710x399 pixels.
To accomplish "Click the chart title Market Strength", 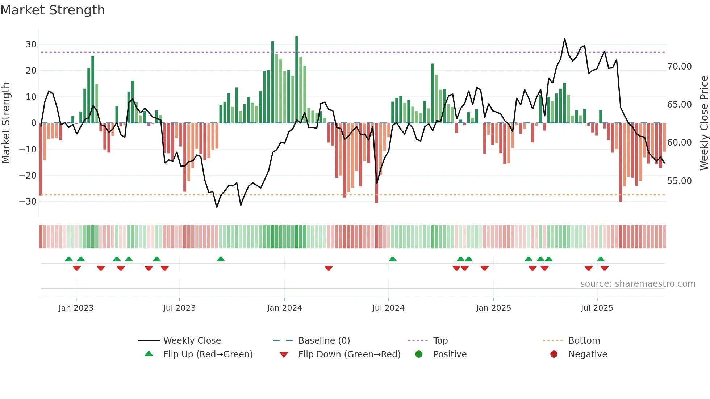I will click(53, 10).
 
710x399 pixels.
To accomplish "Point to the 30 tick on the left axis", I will click(31, 45).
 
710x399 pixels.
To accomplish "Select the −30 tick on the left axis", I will click(28, 202).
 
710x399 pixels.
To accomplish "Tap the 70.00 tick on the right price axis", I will click(679, 67).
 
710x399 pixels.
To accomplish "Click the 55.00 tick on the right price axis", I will click(679, 181).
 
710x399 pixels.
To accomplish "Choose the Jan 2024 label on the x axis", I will click(284, 308).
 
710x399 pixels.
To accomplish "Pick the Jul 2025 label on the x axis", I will click(597, 308).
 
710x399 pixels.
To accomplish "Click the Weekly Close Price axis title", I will click(704, 123).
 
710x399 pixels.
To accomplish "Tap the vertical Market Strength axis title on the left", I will click(6, 123).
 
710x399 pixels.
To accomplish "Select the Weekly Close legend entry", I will click(192, 341).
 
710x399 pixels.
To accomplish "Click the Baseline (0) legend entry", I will click(324, 341).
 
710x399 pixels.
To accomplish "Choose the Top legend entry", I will click(440, 341).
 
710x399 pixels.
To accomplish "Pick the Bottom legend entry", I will click(584, 341).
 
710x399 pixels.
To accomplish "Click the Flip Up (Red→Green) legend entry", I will click(208, 354).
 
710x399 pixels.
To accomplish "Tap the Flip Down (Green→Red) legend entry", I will click(349, 354).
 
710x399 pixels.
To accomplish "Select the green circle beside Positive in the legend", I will click(419, 354).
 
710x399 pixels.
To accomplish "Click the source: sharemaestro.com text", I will click(638, 284).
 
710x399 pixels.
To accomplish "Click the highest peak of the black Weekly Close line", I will click(564, 39).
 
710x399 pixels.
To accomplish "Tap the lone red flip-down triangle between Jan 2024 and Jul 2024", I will click(329, 268).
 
